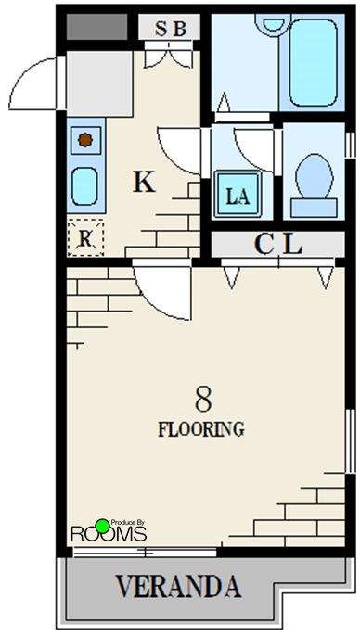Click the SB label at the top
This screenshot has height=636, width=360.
171,29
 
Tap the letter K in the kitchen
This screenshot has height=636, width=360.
145,182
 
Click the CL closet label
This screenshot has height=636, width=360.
278,244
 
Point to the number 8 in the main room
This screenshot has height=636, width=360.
203,399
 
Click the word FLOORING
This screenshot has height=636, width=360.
201,429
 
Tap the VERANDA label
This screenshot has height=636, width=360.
178,586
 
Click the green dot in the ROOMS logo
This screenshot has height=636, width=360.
103,526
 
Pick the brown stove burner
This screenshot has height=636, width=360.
85,140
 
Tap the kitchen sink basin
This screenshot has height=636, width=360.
84,186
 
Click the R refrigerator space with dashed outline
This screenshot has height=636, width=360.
85,237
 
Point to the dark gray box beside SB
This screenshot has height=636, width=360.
97,27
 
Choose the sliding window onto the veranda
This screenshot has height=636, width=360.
145,552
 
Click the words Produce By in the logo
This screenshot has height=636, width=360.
127,523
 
